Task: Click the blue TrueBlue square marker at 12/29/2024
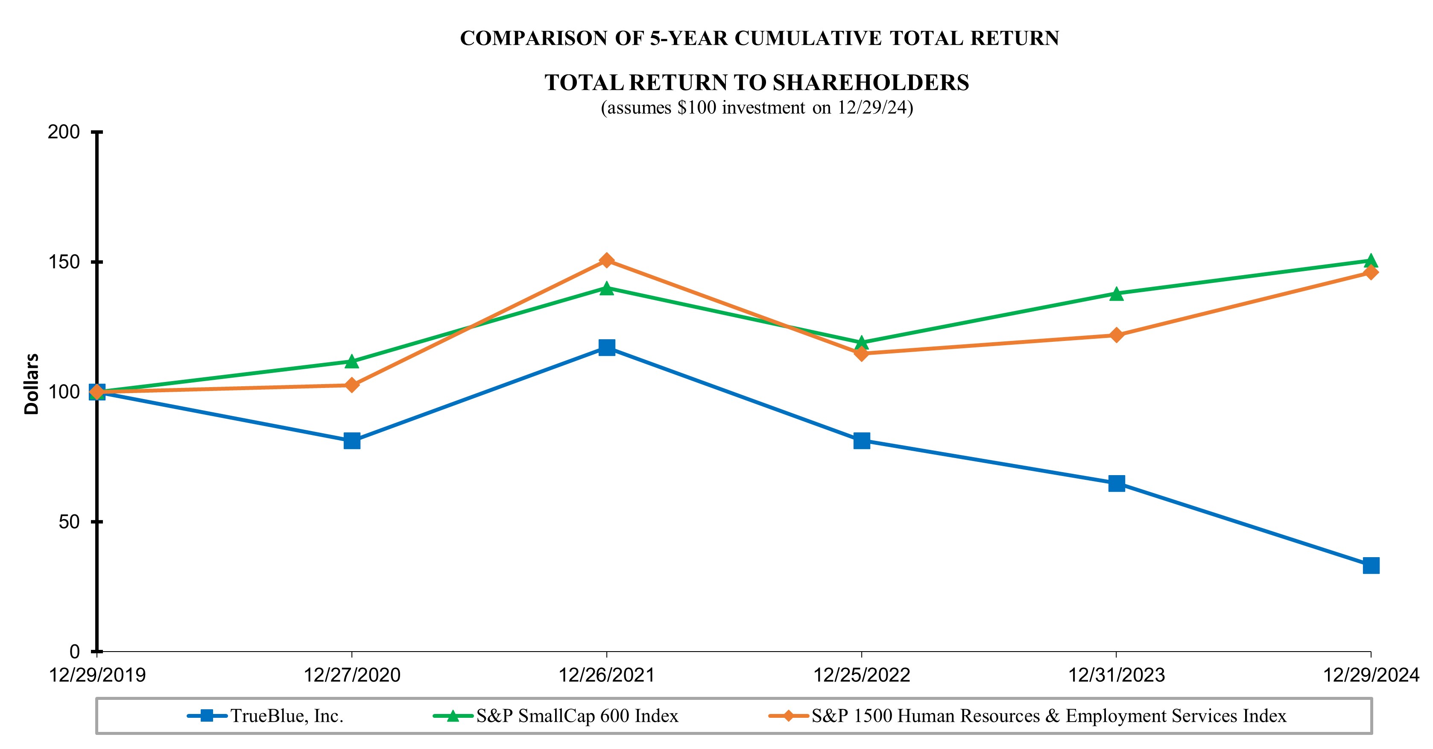click(x=1371, y=565)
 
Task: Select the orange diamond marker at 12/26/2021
click(x=606, y=261)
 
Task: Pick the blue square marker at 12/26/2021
click(x=606, y=348)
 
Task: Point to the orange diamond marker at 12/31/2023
click(x=1116, y=335)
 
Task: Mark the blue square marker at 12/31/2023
click(x=1116, y=483)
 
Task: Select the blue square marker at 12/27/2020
click(x=351, y=441)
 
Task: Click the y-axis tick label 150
click(x=64, y=262)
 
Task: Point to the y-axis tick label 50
click(x=69, y=522)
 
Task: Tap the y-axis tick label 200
click(x=64, y=132)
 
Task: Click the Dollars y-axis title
click(x=32, y=384)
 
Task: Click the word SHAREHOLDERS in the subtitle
click(x=871, y=83)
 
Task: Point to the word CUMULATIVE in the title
click(x=808, y=38)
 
